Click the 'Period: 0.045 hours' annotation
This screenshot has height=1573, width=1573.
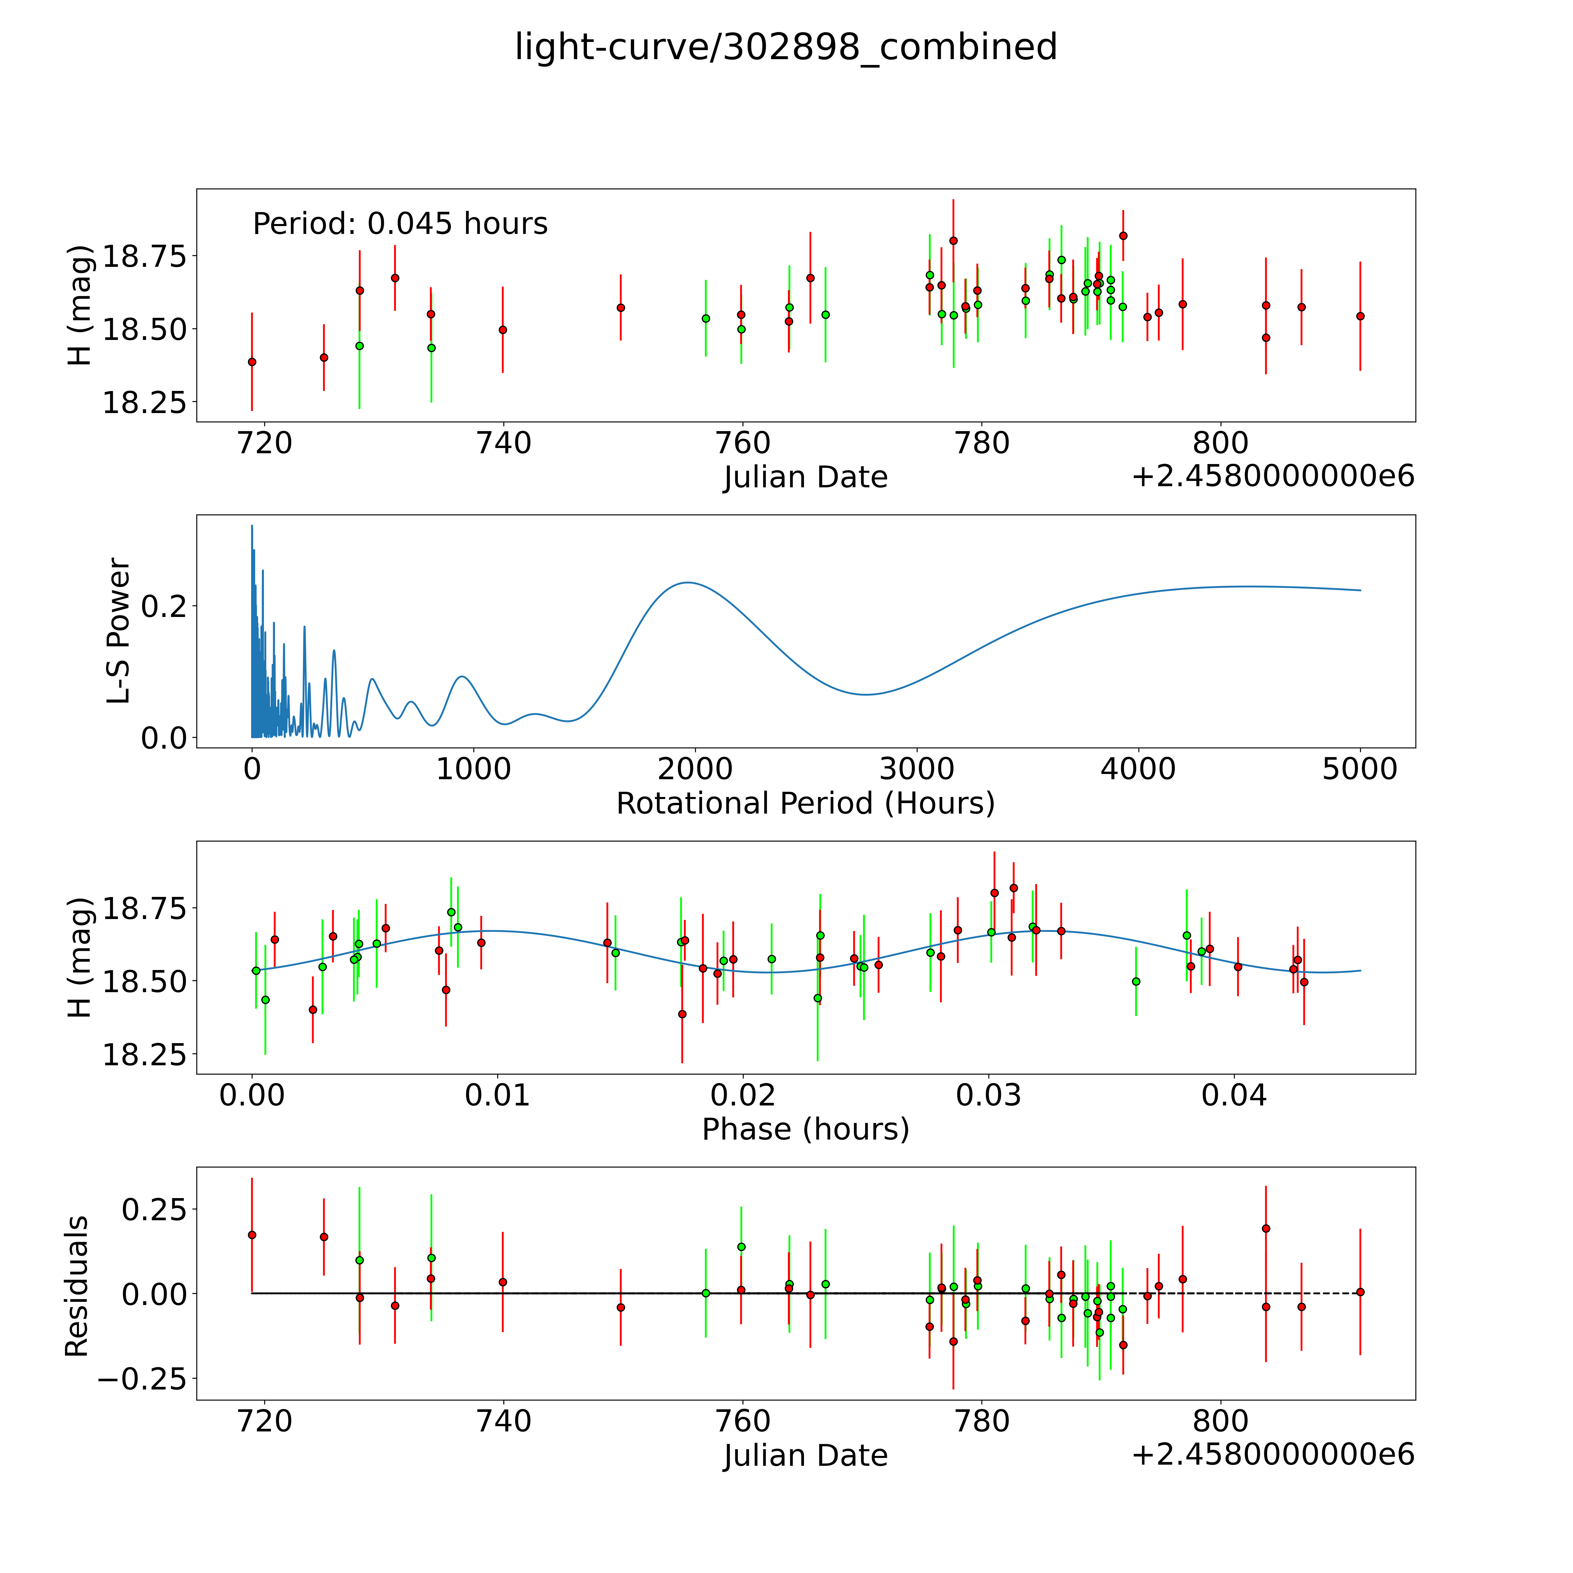coord(400,224)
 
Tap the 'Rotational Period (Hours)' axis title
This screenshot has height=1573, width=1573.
coord(805,804)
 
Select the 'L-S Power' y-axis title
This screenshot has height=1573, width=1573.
coord(119,631)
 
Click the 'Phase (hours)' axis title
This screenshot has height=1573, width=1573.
coord(805,1129)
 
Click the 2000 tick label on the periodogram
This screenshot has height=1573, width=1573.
coord(695,769)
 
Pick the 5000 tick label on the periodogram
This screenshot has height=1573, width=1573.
coord(1360,769)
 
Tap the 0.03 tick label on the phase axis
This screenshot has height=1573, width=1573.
coord(988,1095)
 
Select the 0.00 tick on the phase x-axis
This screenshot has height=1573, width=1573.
coord(252,1095)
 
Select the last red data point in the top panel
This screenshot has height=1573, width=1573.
coord(1360,316)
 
